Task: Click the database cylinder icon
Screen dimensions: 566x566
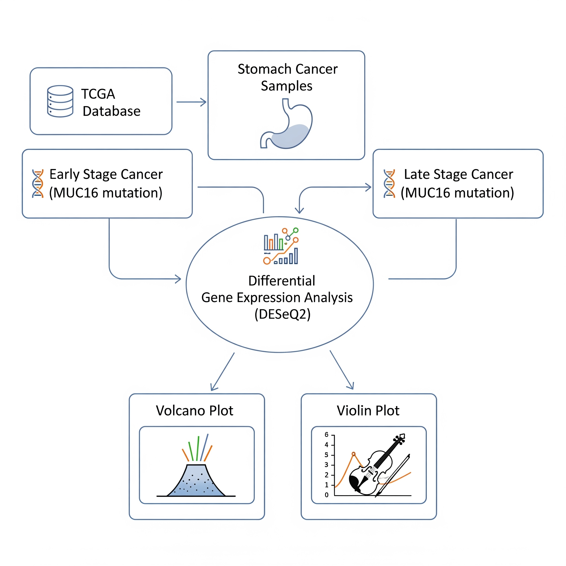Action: point(60,101)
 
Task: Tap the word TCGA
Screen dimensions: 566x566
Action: point(98,94)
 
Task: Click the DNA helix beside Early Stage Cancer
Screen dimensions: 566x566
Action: point(38,184)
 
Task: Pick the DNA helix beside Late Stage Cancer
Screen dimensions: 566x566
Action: point(389,184)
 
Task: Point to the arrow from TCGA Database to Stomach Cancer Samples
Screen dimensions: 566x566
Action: point(191,102)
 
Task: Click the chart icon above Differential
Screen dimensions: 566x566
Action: point(281,246)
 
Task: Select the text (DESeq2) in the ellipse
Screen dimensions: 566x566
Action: point(282,314)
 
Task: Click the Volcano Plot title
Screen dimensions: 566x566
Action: point(195,411)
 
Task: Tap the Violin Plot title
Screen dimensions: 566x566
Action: point(368,411)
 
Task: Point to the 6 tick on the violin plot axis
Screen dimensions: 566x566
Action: point(327,435)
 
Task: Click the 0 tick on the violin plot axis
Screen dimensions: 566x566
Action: point(327,495)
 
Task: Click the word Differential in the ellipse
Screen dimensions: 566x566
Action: point(282,281)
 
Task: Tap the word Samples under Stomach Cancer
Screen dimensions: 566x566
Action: point(287,86)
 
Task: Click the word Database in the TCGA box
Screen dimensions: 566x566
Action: point(112,111)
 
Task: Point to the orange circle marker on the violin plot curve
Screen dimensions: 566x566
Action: point(353,454)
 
